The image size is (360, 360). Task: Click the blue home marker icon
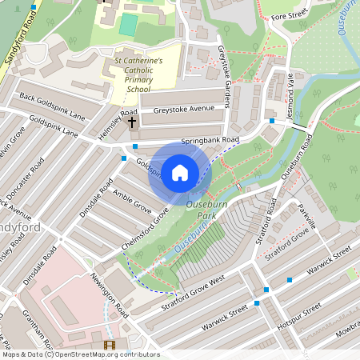point(180,172)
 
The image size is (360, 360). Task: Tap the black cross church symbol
point(132,124)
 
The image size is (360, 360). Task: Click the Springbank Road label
point(210,140)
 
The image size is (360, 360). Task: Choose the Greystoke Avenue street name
point(184,109)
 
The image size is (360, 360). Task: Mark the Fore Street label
point(289,14)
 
